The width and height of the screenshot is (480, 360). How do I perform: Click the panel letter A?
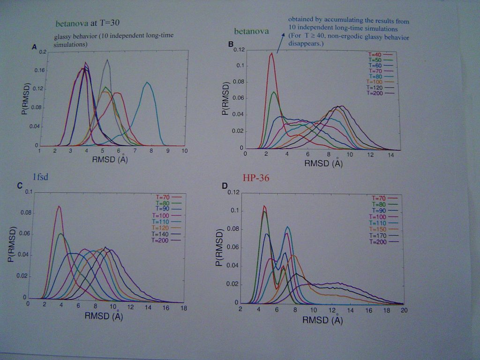coord(34,46)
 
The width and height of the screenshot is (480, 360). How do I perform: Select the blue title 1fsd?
coord(41,177)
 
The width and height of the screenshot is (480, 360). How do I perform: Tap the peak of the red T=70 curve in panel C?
coord(59,206)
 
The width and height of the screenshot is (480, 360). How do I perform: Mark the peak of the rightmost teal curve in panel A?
coord(147,82)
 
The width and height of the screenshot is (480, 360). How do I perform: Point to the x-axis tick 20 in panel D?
coord(404,311)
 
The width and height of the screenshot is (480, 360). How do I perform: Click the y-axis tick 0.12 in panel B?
coord(239,50)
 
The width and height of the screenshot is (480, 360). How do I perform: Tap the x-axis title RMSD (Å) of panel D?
coord(322,321)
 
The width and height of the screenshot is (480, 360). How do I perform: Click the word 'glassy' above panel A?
coord(64,36)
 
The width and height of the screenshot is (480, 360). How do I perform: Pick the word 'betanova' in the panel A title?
coord(71,22)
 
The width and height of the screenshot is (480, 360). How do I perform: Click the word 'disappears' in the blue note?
coord(302,44)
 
